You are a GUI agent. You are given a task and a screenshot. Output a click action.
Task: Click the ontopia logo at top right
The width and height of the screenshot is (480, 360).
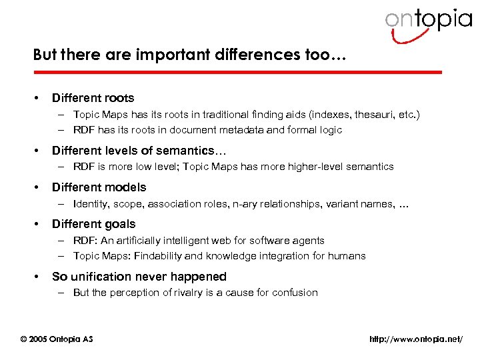(x=427, y=21)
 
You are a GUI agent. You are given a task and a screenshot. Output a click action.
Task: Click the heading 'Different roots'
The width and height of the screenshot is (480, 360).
(x=93, y=98)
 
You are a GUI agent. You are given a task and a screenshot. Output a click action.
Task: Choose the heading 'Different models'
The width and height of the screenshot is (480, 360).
(x=99, y=187)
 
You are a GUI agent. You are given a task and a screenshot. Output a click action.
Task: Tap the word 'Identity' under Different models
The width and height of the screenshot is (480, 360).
(x=91, y=203)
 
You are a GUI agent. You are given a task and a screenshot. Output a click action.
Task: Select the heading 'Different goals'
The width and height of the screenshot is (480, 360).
(x=93, y=224)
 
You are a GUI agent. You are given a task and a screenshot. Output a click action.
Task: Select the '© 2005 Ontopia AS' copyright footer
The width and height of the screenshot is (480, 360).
(x=57, y=339)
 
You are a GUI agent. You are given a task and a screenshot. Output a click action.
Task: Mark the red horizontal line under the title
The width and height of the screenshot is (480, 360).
(x=237, y=71)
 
